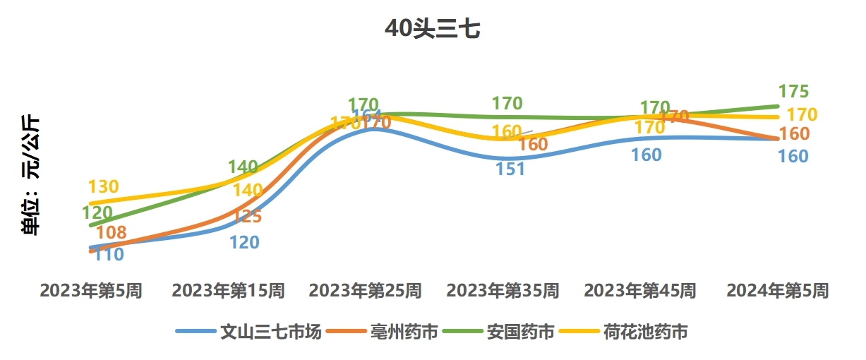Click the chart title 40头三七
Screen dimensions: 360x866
tap(433, 29)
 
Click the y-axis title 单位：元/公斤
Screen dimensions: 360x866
tap(31, 174)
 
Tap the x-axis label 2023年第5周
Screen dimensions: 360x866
tap(91, 290)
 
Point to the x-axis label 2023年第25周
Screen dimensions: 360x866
tap(366, 290)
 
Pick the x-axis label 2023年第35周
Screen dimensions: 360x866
tap(503, 290)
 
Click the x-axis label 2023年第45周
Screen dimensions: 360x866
tap(640, 290)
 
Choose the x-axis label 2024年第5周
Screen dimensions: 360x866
tap(778, 290)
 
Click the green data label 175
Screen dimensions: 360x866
tap(793, 92)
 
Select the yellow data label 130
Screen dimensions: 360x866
tap(103, 188)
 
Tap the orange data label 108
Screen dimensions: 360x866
tap(111, 232)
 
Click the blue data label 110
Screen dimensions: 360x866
tap(109, 255)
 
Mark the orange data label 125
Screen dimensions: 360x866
tap(247, 216)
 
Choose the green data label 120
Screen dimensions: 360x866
tap(97, 212)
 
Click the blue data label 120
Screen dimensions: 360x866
tap(244, 242)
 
